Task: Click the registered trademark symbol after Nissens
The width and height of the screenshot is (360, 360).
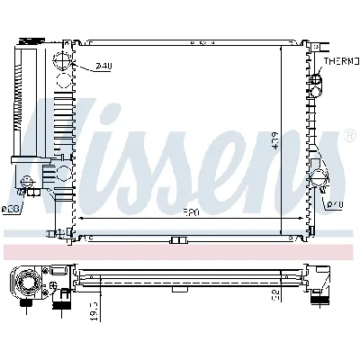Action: click(349, 136)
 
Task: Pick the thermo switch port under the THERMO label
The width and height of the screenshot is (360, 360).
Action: click(316, 84)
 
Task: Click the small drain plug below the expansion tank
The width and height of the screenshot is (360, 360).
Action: click(31, 191)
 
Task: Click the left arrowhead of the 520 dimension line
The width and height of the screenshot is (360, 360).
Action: click(83, 219)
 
